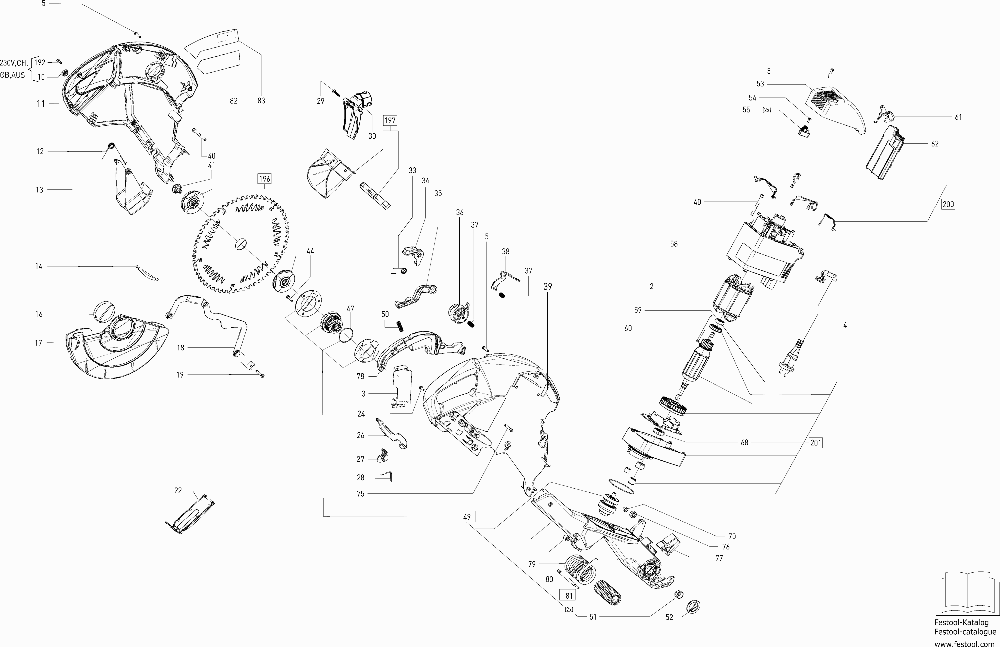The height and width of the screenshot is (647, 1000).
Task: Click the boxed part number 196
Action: (x=264, y=179)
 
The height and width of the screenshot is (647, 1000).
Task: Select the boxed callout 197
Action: (x=390, y=121)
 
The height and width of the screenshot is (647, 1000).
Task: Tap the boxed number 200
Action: (x=948, y=204)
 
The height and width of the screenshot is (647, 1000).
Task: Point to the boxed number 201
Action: (x=816, y=442)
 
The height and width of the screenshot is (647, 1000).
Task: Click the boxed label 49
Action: (x=467, y=517)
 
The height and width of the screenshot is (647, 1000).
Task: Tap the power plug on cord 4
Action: (x=790, y=362)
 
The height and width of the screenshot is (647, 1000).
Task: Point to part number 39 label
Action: (x=547, y=287)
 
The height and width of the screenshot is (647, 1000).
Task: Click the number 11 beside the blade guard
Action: (x=41, y=104)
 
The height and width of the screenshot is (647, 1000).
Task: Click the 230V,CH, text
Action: (x=14, y=63)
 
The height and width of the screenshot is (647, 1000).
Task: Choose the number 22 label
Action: (x=178, y=490)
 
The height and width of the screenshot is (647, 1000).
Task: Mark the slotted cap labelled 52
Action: (x=693, y=606)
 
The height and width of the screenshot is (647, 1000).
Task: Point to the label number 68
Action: (x=744, y=442)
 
